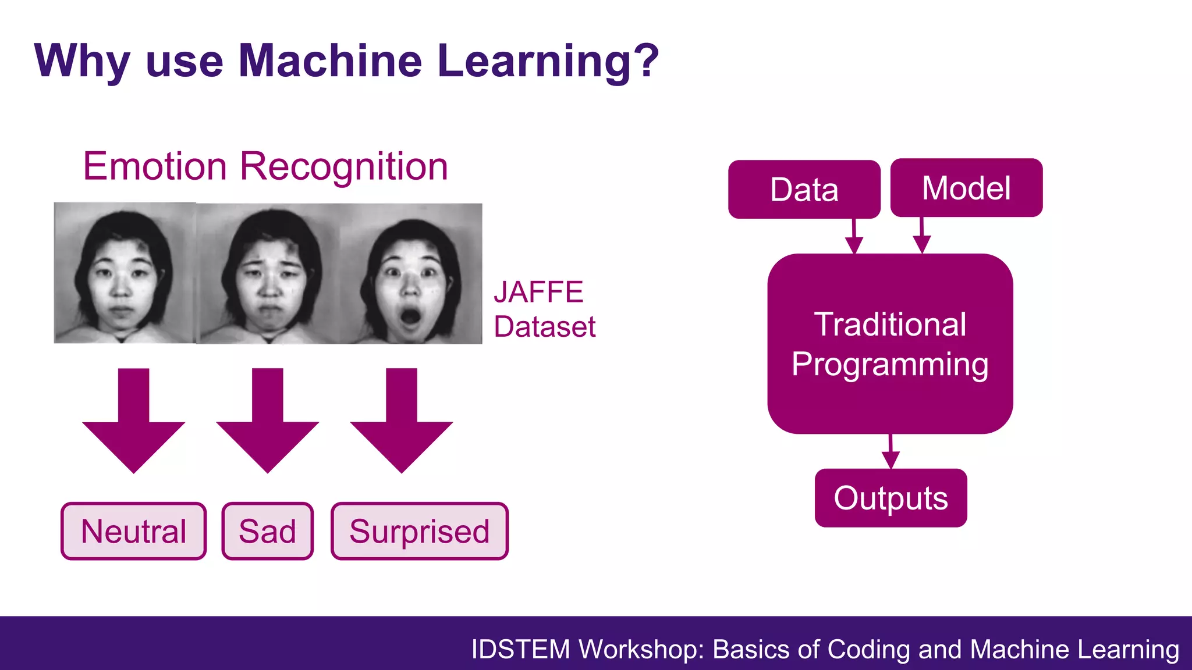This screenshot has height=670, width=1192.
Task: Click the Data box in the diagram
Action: point(804,190)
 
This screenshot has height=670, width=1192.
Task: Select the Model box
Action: point(966,188)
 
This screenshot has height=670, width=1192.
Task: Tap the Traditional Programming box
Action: point(890,344)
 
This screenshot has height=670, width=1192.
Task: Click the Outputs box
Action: point(891,498)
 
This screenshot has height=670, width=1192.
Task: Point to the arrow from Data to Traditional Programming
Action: point(854,237)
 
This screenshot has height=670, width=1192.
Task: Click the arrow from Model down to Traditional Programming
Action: point(921,236)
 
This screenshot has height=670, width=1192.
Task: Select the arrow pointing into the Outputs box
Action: point(891,452)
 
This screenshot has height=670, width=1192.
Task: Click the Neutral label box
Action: point(134,531)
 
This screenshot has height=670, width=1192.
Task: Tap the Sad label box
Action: point(268,531)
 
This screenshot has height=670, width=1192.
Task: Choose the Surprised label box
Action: point(420,531)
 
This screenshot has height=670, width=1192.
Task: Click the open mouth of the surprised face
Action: point(411,317)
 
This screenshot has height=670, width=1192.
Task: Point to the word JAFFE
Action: point(538,292)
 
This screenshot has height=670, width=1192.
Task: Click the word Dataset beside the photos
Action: point(545,326)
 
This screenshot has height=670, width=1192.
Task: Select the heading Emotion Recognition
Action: point(265,166)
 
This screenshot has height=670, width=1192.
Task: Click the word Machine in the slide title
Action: point(330,60)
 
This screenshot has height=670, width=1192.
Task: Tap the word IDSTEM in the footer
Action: point(521,649)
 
